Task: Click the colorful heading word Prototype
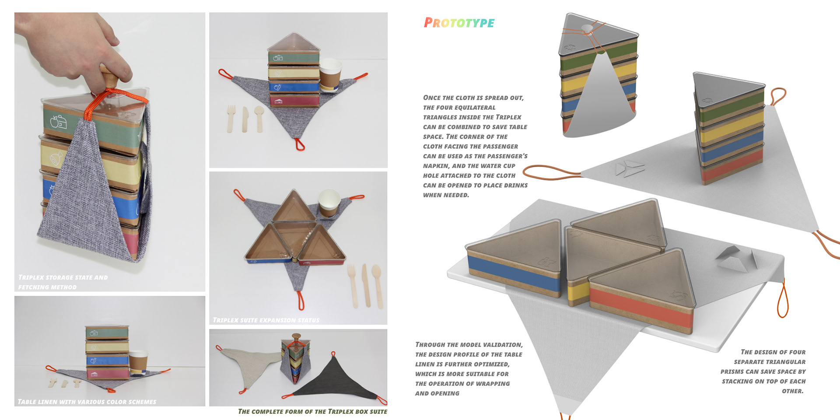pos(459,23)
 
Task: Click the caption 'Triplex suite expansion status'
pos(266,320)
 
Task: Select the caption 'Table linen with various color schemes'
pos(87,402)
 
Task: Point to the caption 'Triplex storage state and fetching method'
pos(63,282)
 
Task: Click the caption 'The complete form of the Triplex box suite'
pos(312,411)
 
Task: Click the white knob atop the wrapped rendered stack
pos(587,28)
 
